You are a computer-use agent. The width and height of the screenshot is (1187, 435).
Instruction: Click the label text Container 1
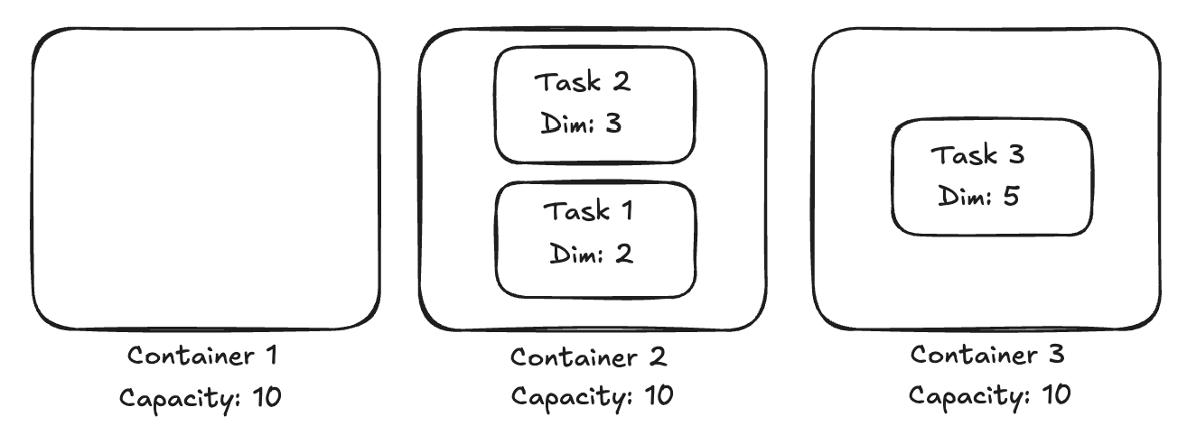point(201,356)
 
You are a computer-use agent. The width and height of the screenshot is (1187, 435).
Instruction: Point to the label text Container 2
point(588,357)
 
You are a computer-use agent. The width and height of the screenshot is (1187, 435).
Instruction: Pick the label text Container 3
point(987,355)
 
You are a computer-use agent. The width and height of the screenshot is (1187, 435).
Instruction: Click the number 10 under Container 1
point(266,397)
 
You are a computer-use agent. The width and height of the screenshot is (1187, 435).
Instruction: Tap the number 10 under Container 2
point(659,395)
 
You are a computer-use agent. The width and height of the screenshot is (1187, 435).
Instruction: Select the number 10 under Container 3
point(1056,394)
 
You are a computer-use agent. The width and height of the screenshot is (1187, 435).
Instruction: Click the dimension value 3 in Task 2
point(613,124)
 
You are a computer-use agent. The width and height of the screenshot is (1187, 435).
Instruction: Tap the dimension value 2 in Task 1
point(624,254)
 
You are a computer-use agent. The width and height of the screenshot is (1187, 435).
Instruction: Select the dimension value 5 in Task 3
point(1011,196)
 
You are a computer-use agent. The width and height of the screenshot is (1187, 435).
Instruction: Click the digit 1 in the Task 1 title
point(628,210)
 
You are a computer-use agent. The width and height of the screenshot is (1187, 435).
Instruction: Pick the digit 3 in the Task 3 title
point(1016,154)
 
